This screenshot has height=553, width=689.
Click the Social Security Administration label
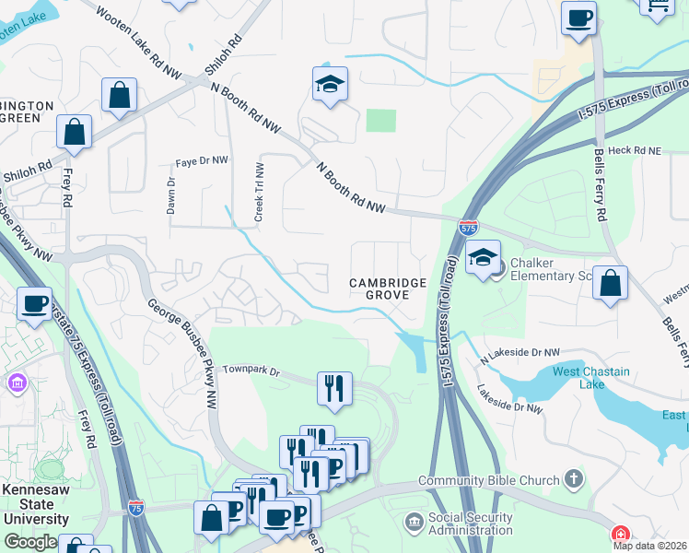point(470,524)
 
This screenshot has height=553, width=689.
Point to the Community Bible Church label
point(488,480)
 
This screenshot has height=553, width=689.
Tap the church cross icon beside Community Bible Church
point(573,479)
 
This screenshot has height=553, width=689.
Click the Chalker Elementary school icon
point(482,259)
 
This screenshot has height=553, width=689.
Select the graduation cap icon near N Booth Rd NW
point(330,86)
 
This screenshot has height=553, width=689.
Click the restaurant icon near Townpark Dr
point(334,389)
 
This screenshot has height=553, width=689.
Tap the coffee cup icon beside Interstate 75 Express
point(35,303)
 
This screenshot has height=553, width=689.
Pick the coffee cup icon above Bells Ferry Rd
point(578,18)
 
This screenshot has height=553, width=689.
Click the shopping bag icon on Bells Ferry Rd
point(610,284)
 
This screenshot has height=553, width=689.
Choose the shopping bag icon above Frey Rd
point(74,133)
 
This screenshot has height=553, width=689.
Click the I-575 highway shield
point(468,226)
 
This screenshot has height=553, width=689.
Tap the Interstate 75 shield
point(136,508)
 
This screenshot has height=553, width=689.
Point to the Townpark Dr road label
point(250,370)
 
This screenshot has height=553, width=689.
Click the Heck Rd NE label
point(636,149)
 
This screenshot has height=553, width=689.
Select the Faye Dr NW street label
point(201,161)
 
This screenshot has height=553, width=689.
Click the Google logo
point(30,542)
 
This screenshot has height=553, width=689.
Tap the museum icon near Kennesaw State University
point(17,382)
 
